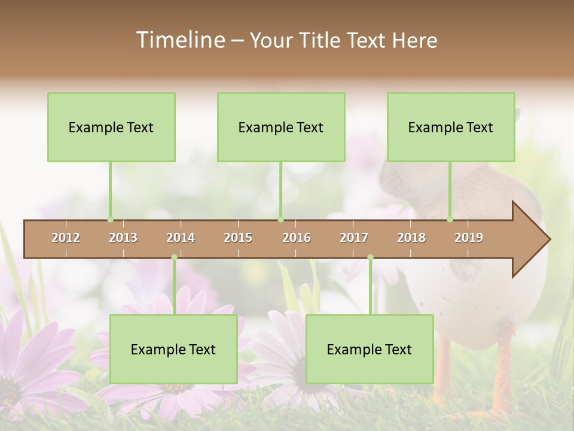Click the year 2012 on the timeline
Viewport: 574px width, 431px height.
[66, 238]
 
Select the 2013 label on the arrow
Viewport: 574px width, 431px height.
[123, 238]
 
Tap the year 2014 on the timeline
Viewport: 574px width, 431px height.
[181, 238]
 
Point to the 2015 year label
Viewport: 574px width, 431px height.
[238, 238]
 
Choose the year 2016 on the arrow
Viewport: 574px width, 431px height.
[297, 238]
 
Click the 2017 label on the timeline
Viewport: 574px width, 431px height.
[354, 238]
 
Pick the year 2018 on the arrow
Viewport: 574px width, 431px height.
[411, 238]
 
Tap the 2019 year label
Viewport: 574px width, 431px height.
[469, 238]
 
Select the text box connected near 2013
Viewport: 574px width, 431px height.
[111, 127]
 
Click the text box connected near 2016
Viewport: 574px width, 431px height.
[281, 127]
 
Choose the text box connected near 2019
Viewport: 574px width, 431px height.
[451, 127]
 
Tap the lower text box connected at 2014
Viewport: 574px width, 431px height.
[173, 349]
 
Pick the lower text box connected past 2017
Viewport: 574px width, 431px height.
[370, 349]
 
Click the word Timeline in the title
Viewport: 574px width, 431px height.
[180, 40]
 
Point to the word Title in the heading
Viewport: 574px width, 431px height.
[322, 40]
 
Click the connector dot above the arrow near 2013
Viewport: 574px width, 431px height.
[110, 219]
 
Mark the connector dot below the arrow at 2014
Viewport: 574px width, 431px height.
[174, 257]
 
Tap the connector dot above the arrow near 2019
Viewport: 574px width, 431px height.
[450, 219]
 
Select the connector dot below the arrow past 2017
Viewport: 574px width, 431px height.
[370, 257]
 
